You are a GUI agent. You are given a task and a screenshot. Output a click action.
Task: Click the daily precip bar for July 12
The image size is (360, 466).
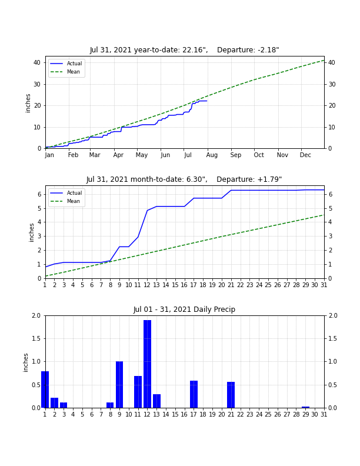point(147,364)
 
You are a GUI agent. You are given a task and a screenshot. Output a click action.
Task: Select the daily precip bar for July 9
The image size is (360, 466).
point(119,385)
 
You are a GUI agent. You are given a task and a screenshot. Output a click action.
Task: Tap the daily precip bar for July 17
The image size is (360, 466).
point(194,394)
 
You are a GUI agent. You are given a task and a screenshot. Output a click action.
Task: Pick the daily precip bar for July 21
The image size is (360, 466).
point(231,395)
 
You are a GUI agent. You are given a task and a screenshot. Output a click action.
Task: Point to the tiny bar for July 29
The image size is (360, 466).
point(305,407)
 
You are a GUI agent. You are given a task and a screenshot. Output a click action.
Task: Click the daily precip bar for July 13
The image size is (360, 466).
point(156,401)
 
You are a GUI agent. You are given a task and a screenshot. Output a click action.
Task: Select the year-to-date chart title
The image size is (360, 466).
point(185,50)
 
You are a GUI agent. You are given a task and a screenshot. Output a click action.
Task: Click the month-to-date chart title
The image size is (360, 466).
point(184,179)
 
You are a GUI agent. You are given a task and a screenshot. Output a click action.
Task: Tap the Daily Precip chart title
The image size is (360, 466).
point(184,309)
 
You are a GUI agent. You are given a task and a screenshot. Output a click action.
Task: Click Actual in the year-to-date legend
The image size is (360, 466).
point(74,64)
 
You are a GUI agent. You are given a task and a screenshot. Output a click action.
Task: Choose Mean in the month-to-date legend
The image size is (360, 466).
point(74,201)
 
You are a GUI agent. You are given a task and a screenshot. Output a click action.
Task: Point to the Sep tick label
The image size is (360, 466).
point(235,155)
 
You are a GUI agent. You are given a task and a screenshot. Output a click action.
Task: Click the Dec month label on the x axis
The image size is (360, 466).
point(305,155)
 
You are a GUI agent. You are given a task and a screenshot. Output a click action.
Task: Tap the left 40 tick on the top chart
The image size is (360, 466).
point(37,63)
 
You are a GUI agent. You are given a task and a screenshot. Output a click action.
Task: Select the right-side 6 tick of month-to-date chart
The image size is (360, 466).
point(331,194)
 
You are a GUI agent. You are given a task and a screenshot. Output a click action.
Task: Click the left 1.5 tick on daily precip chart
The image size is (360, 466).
point(36,338)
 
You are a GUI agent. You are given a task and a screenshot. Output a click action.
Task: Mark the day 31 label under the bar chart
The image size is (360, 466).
point(324,414)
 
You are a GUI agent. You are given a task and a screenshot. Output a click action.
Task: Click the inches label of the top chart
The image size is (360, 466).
point(28,103)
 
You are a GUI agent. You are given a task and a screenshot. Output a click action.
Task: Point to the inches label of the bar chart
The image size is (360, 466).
point(25,362)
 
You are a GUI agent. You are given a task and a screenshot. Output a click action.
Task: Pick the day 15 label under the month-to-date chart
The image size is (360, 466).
point(175,285)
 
